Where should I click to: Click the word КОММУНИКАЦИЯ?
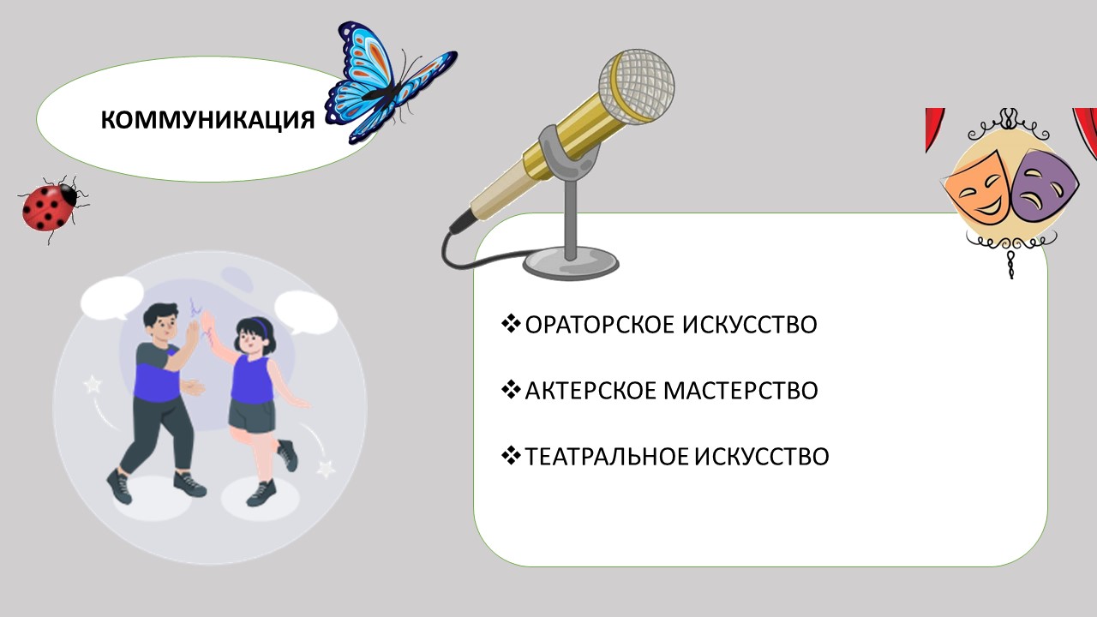pos(207,120)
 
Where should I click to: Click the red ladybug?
pos(51,208)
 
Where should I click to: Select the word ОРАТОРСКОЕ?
pos(600,325)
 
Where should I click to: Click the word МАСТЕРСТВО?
pos(740,391)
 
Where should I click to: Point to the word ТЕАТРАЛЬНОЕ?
pos(607,457)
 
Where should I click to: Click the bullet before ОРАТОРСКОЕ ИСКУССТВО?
pos(511,324)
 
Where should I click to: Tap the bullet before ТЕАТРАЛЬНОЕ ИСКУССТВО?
pos(511,456)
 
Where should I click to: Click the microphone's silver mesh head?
pos(637,87)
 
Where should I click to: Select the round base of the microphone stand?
pos(571,266)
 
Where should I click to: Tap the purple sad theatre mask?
pos(1043,185)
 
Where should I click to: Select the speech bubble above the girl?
pos(306,313)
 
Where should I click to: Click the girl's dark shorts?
pos(252,416)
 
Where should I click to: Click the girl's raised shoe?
pos(287,455)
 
